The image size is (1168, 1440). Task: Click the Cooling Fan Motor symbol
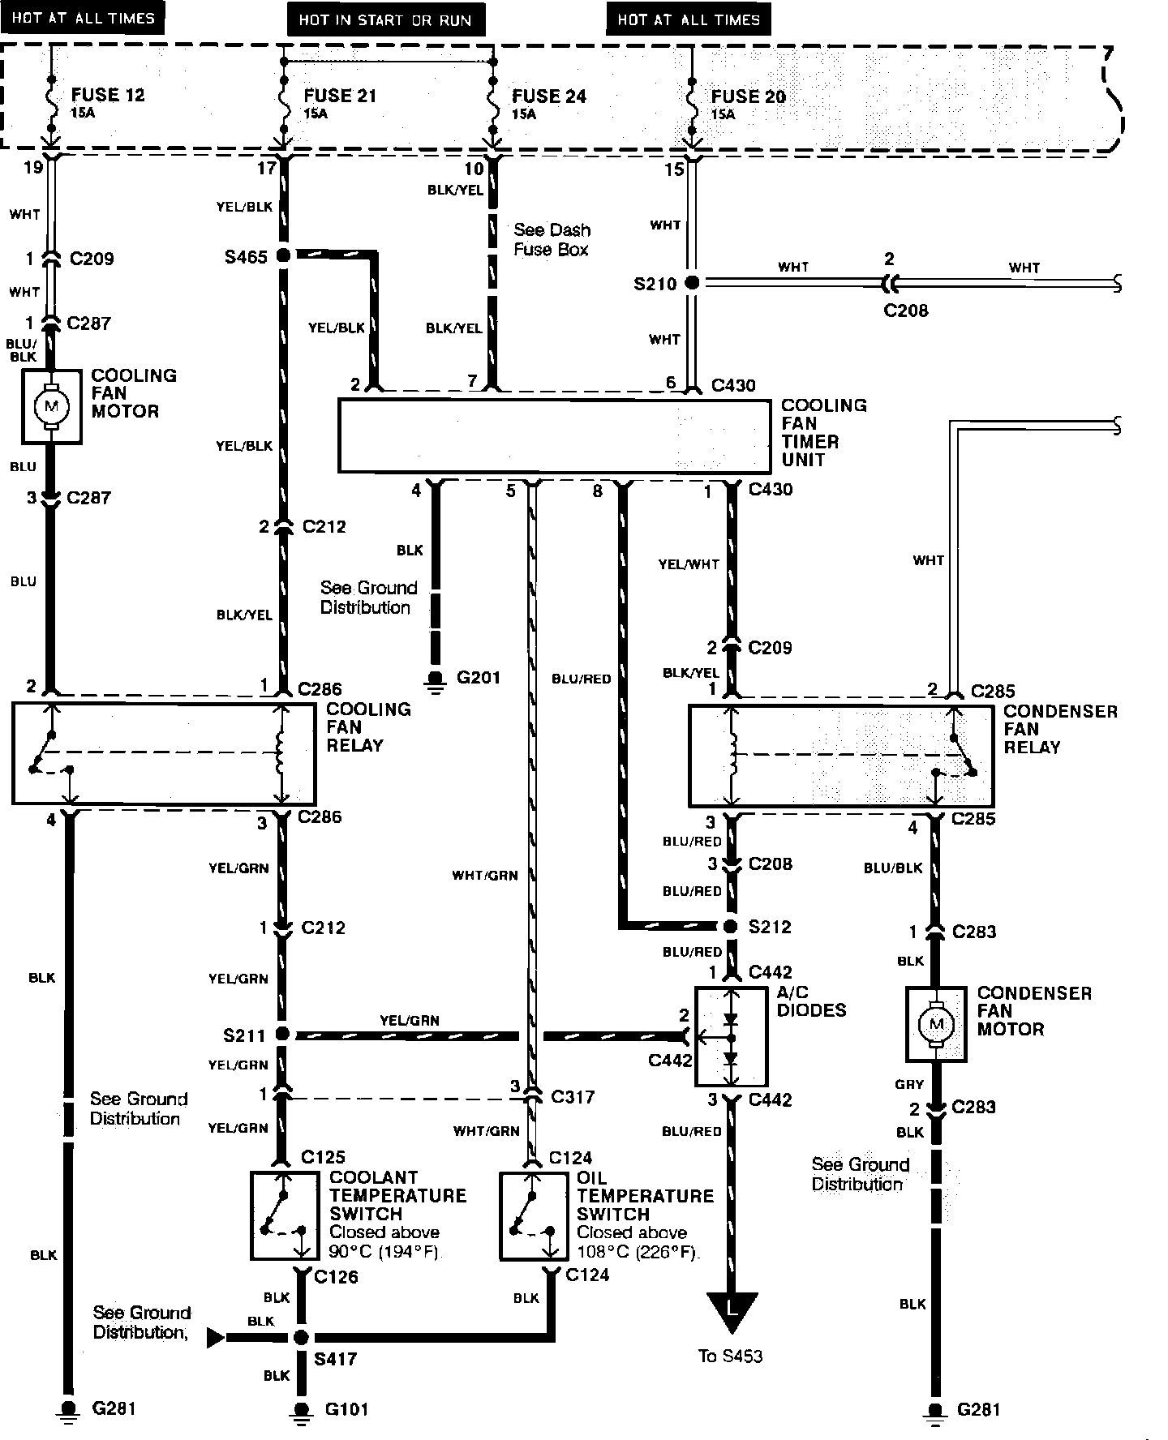(51, 406)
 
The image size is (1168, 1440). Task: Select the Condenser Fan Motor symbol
(936, 1024)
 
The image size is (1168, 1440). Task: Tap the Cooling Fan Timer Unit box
(554, 436)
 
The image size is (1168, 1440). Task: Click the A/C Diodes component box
(731, 1036)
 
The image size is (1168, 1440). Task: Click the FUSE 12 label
(107, 95)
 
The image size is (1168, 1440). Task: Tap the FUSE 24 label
(548, 96)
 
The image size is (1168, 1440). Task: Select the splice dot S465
(283, 255)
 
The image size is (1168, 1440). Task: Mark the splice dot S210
(692, 283)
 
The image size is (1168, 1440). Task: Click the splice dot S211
(282, 1035)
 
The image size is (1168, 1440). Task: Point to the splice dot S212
(731, 926)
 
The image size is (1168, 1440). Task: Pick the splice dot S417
(301, 1337)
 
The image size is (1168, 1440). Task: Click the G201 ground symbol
(436, 679)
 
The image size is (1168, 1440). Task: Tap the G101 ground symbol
(301, 1410)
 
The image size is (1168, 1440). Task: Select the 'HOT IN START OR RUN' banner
(385, 19)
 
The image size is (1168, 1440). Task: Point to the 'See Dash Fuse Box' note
(552, 240)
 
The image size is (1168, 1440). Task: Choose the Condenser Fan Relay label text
(1060, 729)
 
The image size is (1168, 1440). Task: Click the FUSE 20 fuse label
(748, 96)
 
